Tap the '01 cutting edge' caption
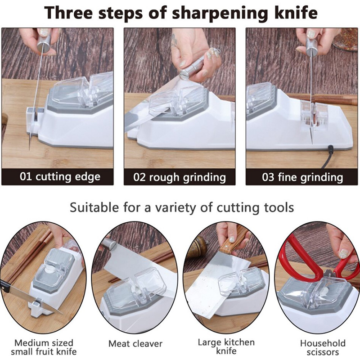60,177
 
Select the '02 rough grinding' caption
180,177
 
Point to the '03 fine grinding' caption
302,177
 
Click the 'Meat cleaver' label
135,344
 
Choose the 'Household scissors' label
323,347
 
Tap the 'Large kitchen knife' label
226,346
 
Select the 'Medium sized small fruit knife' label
44,347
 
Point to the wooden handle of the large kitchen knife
232,243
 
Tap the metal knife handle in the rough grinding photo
193,68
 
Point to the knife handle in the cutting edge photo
44,40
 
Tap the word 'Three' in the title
68,13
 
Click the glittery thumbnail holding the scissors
344,253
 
